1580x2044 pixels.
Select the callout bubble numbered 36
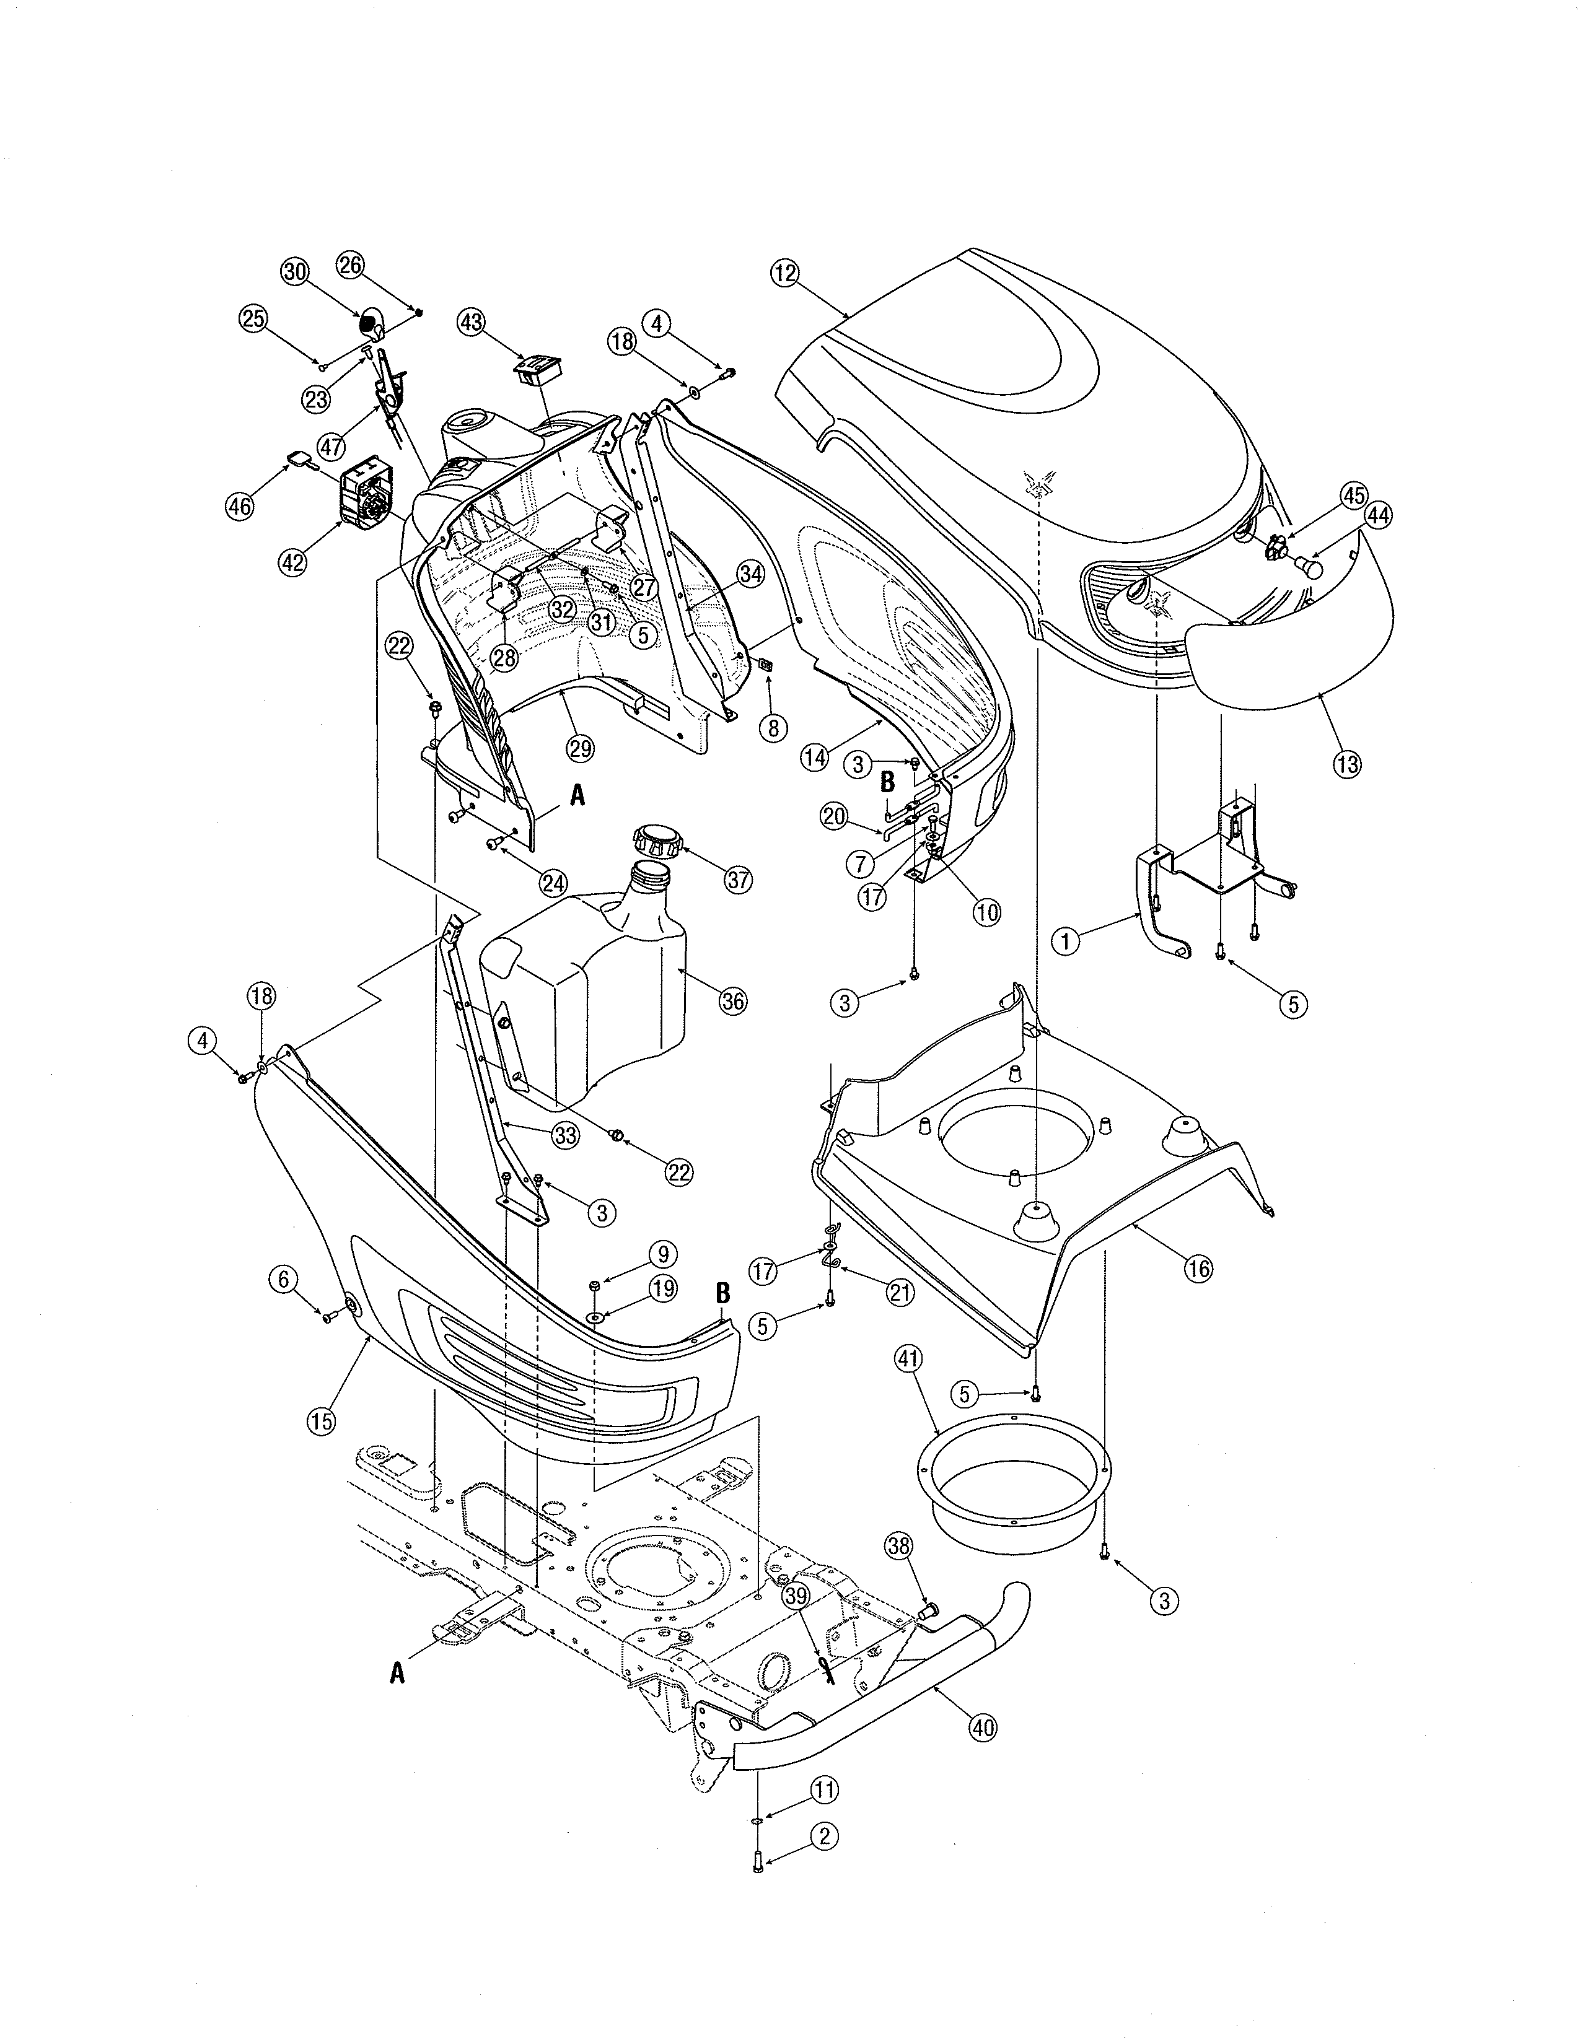point(733,1002)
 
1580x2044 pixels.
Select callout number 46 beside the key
point(240,506)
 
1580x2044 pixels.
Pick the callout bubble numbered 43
point(472,322)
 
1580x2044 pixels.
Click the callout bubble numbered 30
point(295,271)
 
